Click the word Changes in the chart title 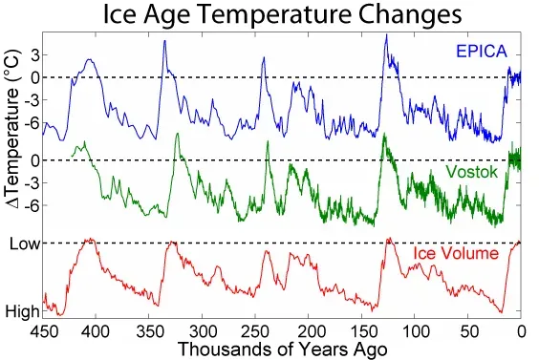coord(405,16)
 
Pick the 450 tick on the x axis coord(42,329)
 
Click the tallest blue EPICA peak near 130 coord(385,36)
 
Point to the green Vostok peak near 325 coord(175,134)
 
